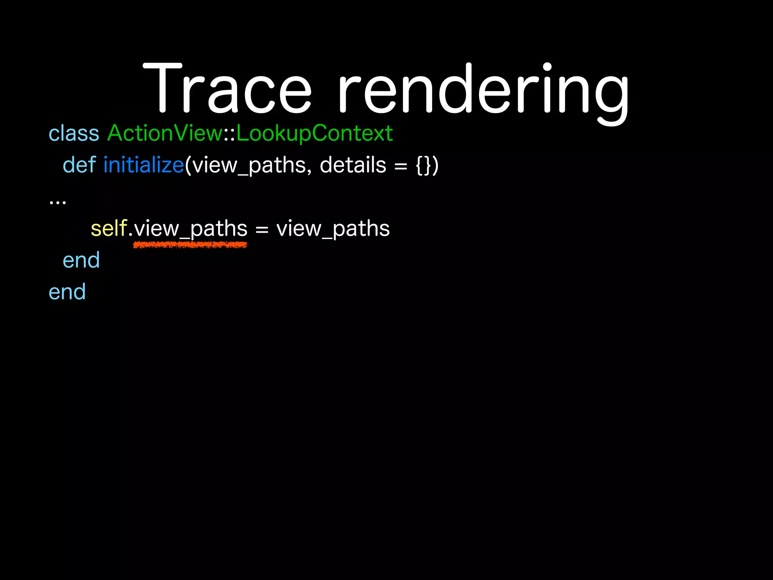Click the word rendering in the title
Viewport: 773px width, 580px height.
click(x=483, y=91)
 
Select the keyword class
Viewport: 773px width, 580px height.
click(x=74, y=134)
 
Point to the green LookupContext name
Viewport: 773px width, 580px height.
click(x=314, y=134)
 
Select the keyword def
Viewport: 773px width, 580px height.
click(x=79, y=165)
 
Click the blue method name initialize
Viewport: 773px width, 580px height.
click(x=143, y=165)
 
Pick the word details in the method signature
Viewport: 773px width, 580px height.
click(x=353, y=165)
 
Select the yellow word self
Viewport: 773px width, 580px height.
click(x=109, y=229)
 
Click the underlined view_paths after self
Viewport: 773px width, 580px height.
click(x=191, y=229)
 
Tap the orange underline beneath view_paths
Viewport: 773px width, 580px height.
click(x=190, y=245)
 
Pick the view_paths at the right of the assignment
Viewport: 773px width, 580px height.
click(x=333, y=229)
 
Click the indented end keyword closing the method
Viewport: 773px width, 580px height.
click(x=81, y=261)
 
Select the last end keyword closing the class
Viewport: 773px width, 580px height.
click(x=67, y=292)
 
